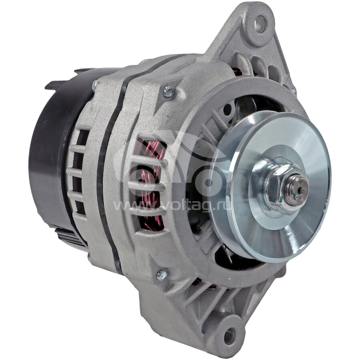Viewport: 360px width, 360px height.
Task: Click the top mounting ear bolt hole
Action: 260,24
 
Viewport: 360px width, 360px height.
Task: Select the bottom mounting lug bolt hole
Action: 229,336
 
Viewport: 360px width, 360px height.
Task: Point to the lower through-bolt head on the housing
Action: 162,274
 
